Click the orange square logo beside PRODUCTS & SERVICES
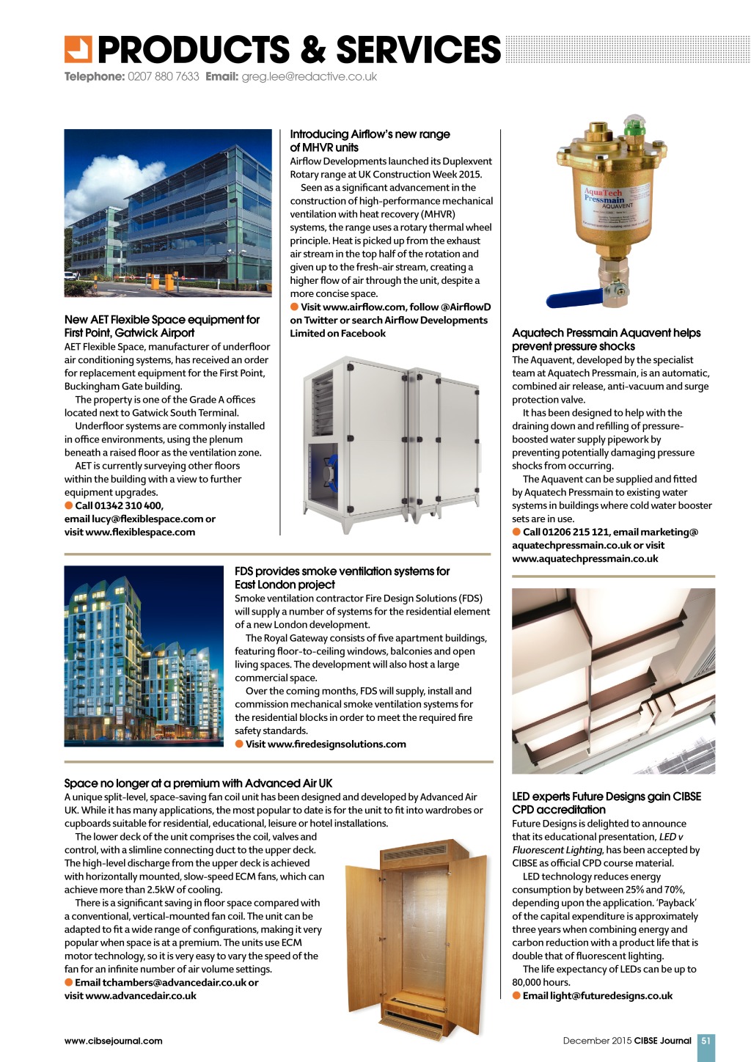[78, 49]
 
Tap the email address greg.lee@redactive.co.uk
[309, 77]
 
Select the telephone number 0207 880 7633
[163, 77]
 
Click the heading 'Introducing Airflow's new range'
[370, 134]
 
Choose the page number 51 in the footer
[706, 1040]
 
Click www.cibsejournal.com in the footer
[113, 1041]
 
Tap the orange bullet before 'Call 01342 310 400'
[69, 505]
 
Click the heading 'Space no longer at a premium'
[198, 783]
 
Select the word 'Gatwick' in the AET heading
[136, 333]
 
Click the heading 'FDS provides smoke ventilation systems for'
[342, 571]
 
